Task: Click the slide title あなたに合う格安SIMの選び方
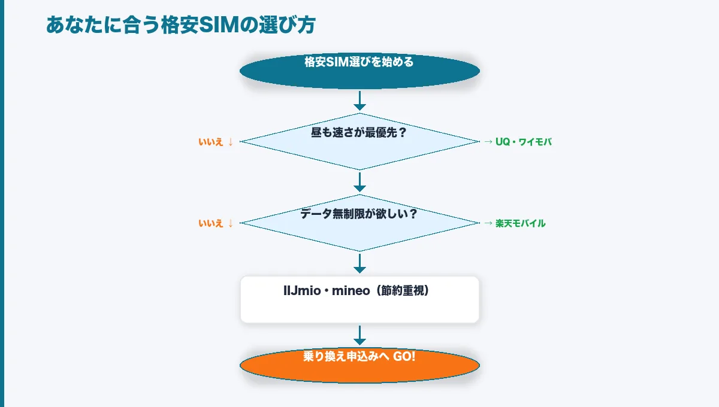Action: point(180,25)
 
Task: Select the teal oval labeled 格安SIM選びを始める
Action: point(359,71)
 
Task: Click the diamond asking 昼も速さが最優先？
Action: point(359,142)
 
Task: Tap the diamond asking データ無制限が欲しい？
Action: point(359,223)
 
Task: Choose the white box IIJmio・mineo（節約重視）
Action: point(359,299)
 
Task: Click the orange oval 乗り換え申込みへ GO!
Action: point(359,365)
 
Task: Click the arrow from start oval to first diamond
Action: point(359,101)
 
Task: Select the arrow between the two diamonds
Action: point(359,182)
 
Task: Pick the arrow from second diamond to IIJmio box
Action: point(359,263)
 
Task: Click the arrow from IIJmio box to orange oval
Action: point(359,335)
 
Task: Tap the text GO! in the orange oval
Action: point(404,356)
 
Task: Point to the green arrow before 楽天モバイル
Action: point(488,223)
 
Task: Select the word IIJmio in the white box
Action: point(302,291)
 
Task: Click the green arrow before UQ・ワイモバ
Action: point(488,142)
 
